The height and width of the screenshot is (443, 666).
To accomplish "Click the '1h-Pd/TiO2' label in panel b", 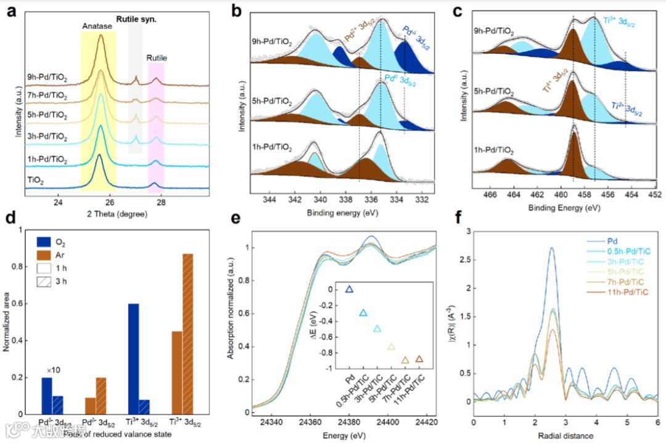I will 273,147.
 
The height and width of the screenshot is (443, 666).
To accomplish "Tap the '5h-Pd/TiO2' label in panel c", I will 492,91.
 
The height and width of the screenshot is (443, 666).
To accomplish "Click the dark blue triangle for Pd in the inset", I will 349,289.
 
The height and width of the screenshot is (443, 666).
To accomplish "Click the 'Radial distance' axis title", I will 565,436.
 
